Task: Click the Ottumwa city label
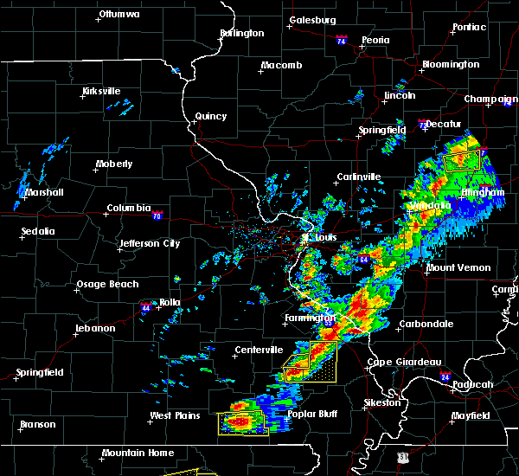click(119, 15)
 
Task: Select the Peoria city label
click(375, 41)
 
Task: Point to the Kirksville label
click(101, 91)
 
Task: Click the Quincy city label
click(211, 117)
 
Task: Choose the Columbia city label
click(129, 209)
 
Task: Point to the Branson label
click(38, 425)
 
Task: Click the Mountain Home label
click(138, 453)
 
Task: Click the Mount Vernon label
click(458, 268)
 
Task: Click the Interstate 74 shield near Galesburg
click(341, 41)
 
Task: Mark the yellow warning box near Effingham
click(461, 160)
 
